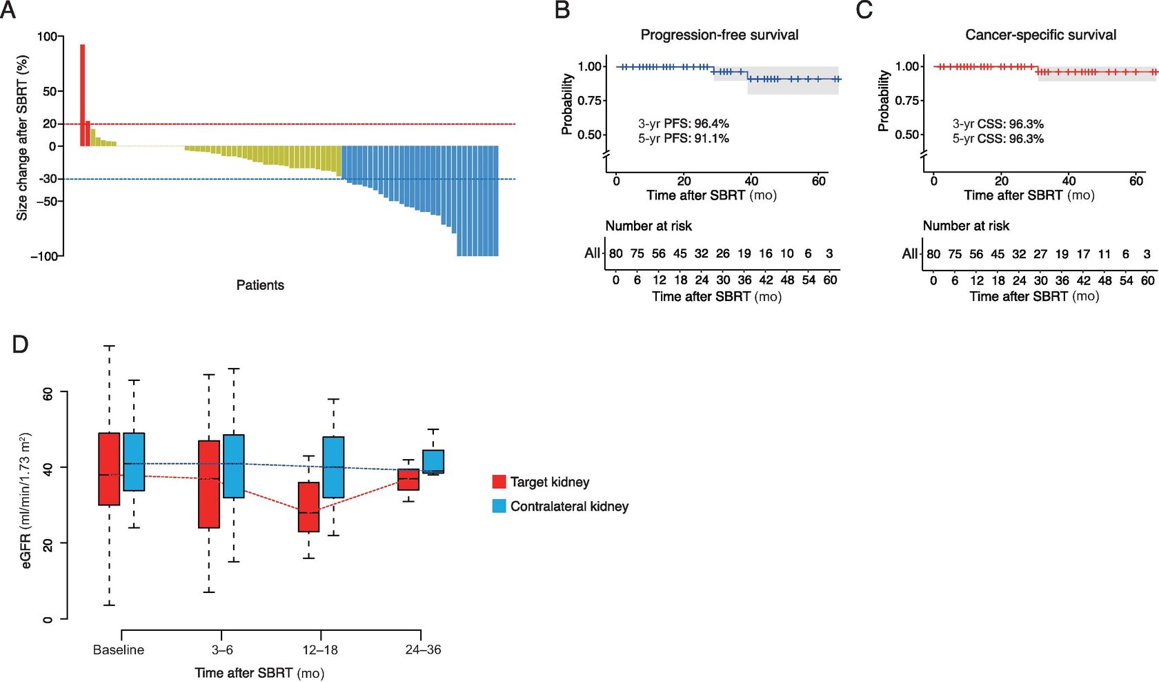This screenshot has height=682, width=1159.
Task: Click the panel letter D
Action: tap(21, 344)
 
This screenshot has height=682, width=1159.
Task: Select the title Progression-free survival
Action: tap(720, 35)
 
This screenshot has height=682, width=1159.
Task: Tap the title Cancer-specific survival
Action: tap(1040, 35)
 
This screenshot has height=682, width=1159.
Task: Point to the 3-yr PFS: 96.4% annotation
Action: tap(683, 124)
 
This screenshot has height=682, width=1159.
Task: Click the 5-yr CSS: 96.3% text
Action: tap(998, 139)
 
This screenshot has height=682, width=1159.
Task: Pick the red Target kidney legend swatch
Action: tap(499, 482)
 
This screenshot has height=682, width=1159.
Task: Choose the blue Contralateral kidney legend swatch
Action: tap(499, 506)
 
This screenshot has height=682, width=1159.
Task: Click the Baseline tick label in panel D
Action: tap(119, 650)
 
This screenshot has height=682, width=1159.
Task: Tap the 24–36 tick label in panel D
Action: tap(423, 650)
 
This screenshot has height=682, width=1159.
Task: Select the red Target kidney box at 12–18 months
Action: tap(308, 507)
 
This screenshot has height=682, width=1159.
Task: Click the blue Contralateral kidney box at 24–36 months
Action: tap(433, 461)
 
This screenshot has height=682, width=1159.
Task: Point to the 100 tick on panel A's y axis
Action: tap(47, 37)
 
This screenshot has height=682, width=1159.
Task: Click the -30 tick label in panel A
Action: tap(46, 179)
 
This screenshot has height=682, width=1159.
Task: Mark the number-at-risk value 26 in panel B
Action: tap(722, 253)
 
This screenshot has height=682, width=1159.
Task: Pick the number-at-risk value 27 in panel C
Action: tap(1040, 254)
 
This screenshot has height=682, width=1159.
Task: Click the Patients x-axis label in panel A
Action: tap(260, 285)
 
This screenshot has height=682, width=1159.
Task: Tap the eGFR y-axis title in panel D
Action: tap(26, 500)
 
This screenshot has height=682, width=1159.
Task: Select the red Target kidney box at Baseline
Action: tap(109, 469)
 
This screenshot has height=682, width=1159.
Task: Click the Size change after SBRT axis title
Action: tap(22, 138)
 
